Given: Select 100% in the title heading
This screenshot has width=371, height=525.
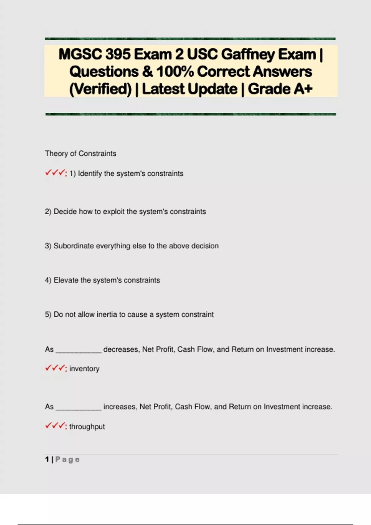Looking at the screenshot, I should [175, 72].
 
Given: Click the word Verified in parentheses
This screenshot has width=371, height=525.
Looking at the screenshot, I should [100, 89].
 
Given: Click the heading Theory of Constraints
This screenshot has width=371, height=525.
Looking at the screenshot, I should [80, 153].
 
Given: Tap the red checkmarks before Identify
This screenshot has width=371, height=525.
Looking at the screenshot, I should [55, 173].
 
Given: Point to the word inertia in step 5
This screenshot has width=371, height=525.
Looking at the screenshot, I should [107, 314].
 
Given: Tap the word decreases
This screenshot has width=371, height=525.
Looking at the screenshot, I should [121, 349].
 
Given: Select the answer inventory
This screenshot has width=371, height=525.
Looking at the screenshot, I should [84, 369].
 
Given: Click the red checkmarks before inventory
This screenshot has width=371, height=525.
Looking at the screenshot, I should [55, 368].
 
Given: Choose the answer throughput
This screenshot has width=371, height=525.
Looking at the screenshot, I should [87, 427].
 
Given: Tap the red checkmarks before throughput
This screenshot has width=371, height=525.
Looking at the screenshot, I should [55, 426].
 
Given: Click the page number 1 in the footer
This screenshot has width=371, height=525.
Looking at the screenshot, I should [47, 460].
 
